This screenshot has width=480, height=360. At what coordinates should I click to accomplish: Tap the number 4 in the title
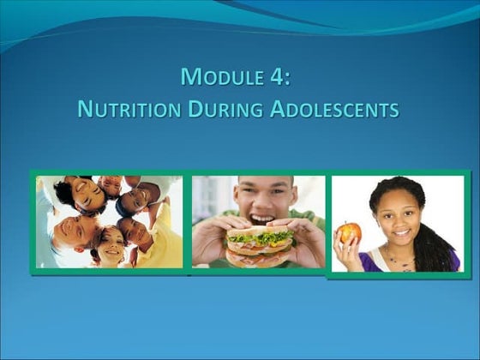(x=279, y=77)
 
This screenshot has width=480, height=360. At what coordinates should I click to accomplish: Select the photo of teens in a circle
(x=109, y=222)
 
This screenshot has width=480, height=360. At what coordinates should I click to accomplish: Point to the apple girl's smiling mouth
(x=399, y=231)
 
